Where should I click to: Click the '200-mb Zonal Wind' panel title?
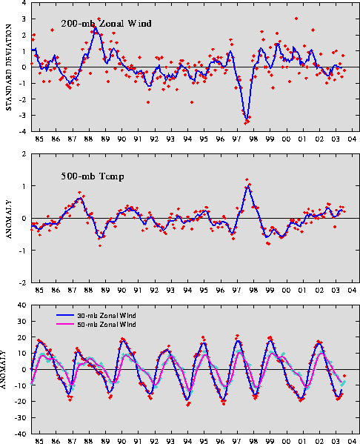point(106,23)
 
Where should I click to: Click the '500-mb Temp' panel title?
point(93,176)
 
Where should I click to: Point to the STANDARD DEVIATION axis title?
point(8,67)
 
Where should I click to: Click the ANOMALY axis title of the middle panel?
point(8,219)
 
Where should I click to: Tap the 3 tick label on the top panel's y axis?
point(24,19)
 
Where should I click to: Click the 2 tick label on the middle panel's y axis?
point(24,153)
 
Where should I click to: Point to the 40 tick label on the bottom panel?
point(22,305)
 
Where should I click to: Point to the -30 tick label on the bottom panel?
point(20,417)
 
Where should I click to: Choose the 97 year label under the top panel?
point(237,139)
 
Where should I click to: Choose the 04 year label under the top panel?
point(352,139)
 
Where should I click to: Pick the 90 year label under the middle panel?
point(121,291)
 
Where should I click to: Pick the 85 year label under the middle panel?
point(39,291)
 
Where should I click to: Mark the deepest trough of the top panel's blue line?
point(247,119)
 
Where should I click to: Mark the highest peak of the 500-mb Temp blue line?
point(248,185)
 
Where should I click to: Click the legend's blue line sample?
point(65,316)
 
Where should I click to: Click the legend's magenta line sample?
point(65,324)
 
